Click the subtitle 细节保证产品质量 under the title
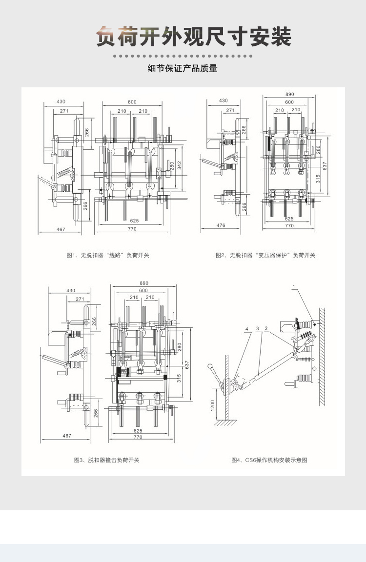[x=183, y=69]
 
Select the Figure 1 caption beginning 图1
[x=108, y=255]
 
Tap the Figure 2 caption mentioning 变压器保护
[x=265, y=255]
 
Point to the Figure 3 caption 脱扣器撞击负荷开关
[x=106, y=460]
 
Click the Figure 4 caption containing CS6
[x=269, y=460]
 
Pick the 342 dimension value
[x=179, y=166]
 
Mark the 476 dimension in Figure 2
[x=221, y=225]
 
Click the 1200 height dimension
[x=213, y=404]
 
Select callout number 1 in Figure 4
[x=294, y=286]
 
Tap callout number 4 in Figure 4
[x=247, y=329]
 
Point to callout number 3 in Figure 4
[x=257, y=329]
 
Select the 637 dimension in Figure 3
[x=185, y=364]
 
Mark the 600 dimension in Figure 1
[x=132, y=102]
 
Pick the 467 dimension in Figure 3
[x=67, y=436]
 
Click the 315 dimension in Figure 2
[x=318, y=179]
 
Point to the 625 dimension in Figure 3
[x=138, y=431]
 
